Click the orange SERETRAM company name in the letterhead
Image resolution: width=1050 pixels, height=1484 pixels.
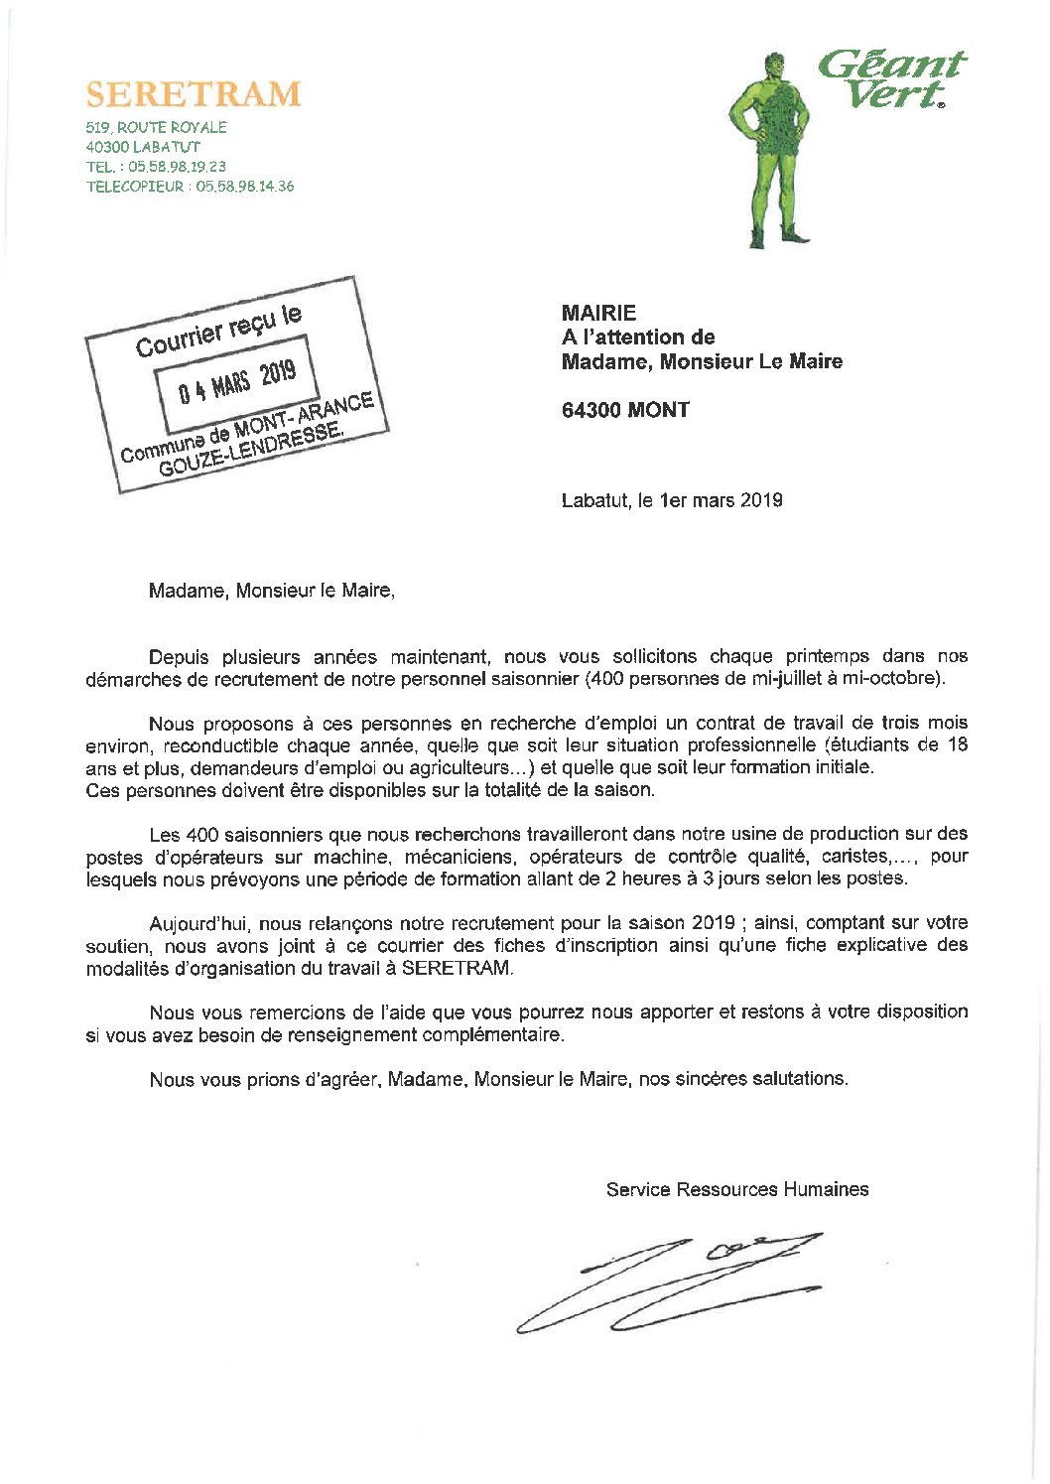click(x=194, y=93)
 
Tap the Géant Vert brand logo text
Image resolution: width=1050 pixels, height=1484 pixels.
click(x=890, y=78)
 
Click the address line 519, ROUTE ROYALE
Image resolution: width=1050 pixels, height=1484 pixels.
click(x=156, y=127)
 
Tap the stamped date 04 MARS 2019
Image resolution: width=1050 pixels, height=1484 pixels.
click(x=237, y=380)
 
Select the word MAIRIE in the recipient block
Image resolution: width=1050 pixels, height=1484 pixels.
click(x=598, y=313)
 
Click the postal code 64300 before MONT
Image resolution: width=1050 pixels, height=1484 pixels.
click(x=591, y=410)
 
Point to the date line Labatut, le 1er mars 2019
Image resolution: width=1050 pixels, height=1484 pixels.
click(x=672, y=500)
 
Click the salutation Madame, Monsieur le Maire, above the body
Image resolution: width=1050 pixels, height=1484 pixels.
click(x=271, y=591)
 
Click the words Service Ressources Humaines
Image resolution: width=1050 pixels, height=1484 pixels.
click(x=736, y=1189)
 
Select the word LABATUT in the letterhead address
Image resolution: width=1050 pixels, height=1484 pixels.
click(x=160, y=147)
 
